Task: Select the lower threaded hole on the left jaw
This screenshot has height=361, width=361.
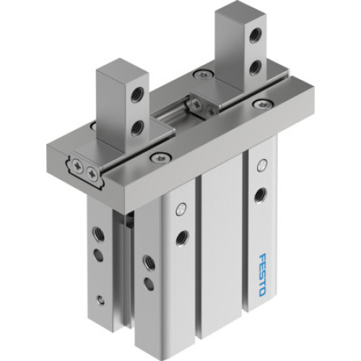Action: [136, 129]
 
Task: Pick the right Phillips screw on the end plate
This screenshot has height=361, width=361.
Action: [92, 174]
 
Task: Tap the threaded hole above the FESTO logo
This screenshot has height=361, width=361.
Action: [260, 193]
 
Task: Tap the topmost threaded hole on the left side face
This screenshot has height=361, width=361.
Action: [99, 233]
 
